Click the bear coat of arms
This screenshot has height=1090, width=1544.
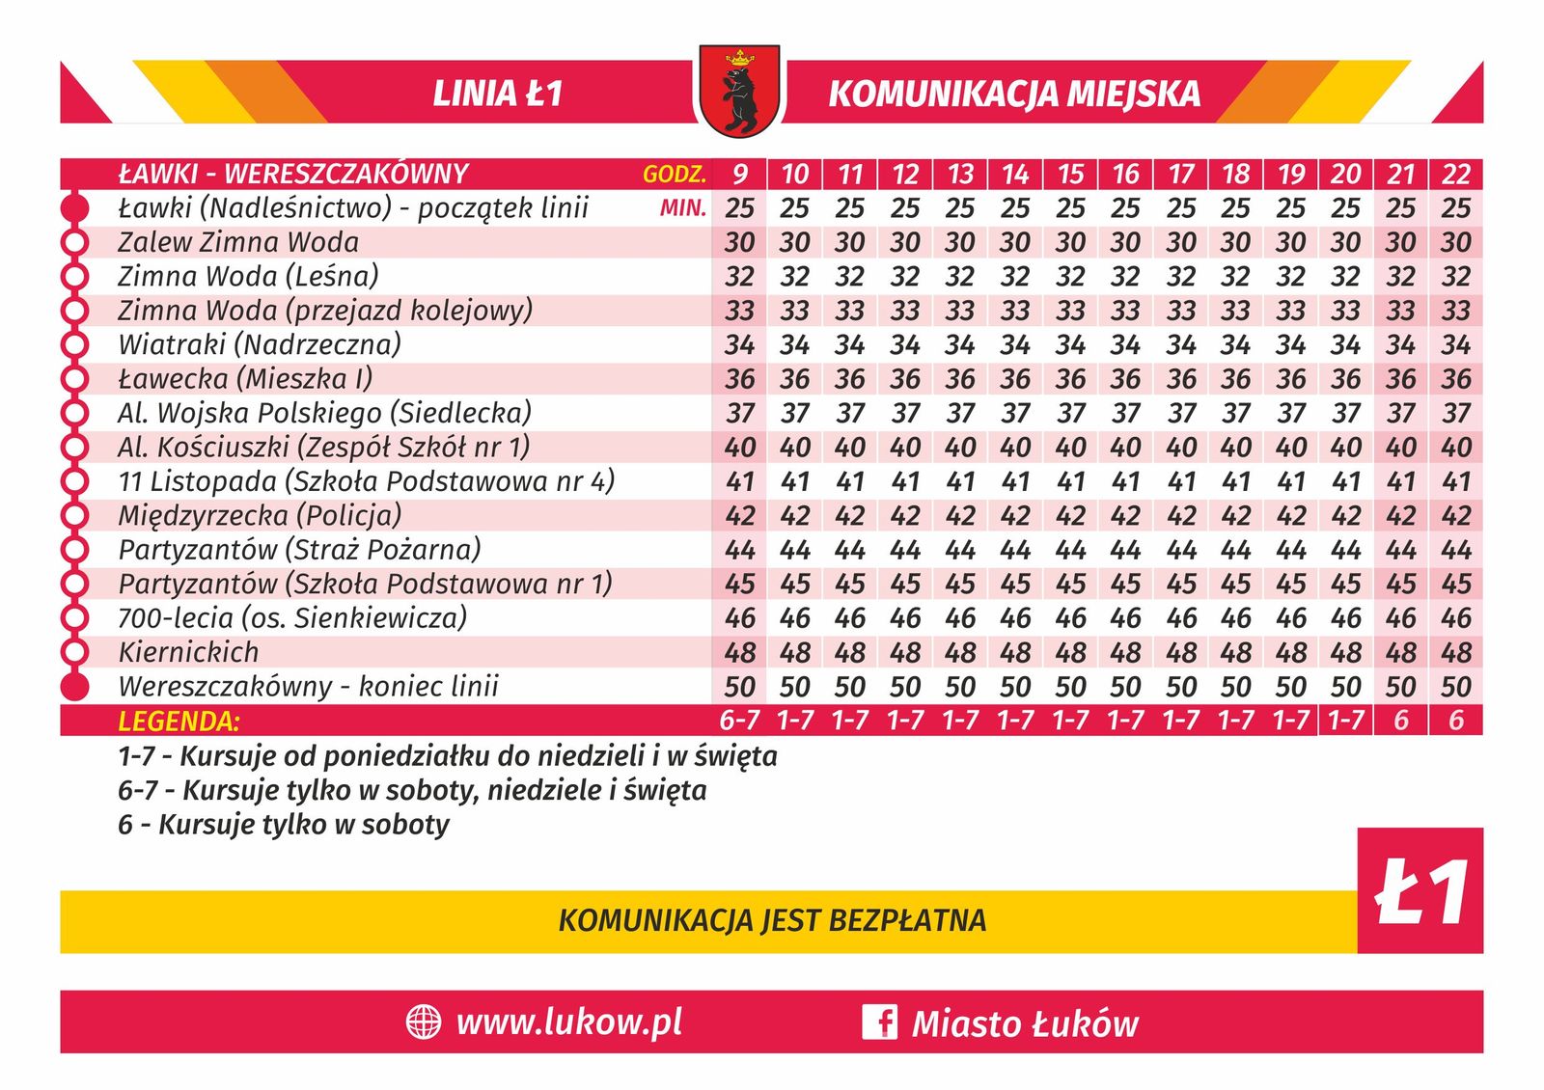coord(739,92)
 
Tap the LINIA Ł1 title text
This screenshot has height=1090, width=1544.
coord(497,94)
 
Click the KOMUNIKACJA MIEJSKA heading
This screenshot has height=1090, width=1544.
coord(1014,94)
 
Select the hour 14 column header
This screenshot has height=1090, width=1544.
coord(1015,174)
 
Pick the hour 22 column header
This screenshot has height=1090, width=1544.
coord(1456,174)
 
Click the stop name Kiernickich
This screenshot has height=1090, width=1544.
coord(188,652)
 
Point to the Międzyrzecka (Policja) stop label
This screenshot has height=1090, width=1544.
coord(260,515)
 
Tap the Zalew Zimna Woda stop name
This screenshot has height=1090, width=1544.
coord(238,242)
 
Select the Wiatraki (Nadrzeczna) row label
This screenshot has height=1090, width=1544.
coord(260,344)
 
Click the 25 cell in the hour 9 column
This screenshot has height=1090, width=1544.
coord(739,208)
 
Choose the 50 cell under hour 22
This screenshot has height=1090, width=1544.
coord(1456,687)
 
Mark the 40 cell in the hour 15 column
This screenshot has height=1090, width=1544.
coord(1070,448)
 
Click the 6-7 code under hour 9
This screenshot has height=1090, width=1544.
coord(739,721)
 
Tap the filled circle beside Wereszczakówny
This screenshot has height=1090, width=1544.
coord(74,687)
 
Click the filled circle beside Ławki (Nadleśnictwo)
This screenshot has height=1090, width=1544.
coord(74,208)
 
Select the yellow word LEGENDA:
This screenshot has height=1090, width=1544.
coord(179,722)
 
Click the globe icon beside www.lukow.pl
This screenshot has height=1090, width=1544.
coord(423,1022)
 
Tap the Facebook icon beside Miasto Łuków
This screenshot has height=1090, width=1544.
coord(879,1022)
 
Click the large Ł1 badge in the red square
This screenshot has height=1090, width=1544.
coord(1420,891)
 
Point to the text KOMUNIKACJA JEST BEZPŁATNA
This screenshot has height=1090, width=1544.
coord(772,920)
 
